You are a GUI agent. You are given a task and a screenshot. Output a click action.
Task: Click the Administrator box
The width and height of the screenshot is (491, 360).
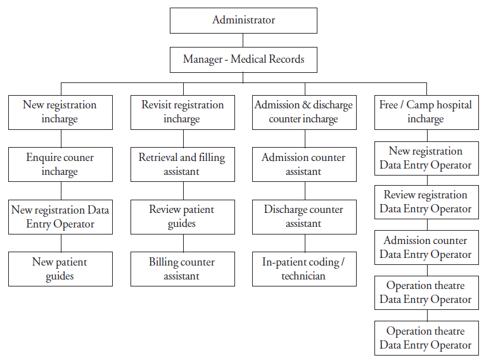(x=243, y=21)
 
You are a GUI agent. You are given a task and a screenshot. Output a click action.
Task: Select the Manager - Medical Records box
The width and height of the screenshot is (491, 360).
(x=243, y=60)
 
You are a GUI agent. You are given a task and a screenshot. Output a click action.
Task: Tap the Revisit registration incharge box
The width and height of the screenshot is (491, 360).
(x=182, y=112)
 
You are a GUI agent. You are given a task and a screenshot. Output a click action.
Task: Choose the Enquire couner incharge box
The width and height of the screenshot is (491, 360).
(x=60, y=165)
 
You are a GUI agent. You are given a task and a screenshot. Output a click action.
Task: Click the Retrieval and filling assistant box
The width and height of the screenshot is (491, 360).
(x=182, y=165)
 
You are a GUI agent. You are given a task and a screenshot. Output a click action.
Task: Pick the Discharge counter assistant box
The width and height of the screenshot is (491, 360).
(x=304, y=217)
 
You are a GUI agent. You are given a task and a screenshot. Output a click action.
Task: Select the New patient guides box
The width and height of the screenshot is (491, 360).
(x=60, y=269)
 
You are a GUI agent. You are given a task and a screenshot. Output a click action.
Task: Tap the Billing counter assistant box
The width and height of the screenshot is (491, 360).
(x=182, y=269)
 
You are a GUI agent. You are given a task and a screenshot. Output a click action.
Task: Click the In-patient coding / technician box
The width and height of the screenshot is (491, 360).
(x=304, y=269)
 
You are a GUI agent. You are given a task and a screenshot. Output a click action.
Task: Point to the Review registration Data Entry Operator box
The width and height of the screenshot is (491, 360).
(x=426, y=202)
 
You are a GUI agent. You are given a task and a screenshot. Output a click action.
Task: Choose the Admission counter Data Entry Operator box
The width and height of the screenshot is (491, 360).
(x=426, y=248)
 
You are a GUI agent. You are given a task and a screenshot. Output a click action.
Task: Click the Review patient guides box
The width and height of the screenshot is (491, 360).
(x=182, y=217)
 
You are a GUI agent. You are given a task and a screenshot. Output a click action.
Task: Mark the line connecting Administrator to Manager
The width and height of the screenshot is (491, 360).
(x=243, y=41)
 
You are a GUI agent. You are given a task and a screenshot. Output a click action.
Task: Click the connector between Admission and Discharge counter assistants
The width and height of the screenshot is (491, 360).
(x=305, y=191)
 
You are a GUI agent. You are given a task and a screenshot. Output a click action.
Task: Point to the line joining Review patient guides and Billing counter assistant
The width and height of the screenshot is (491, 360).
(x=184, y=243)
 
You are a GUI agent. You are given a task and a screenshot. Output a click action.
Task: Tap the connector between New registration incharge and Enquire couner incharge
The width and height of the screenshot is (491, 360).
(x=61, y=138)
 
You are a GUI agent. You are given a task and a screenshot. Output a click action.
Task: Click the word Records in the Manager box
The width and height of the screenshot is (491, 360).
(x=286, y=59)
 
